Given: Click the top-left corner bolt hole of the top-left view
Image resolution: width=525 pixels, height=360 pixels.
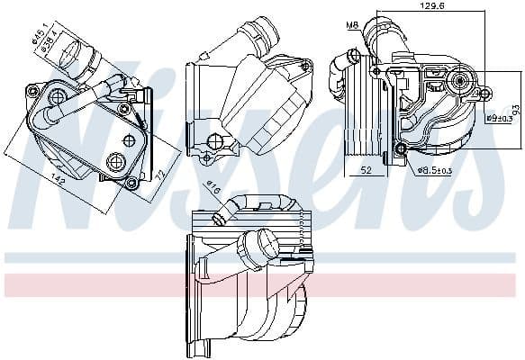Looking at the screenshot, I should (x=34, y=88).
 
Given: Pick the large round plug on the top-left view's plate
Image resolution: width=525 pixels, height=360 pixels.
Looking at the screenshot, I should (x=114, y=161).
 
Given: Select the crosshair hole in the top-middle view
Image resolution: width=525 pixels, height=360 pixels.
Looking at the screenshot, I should (x=215, y=140).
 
